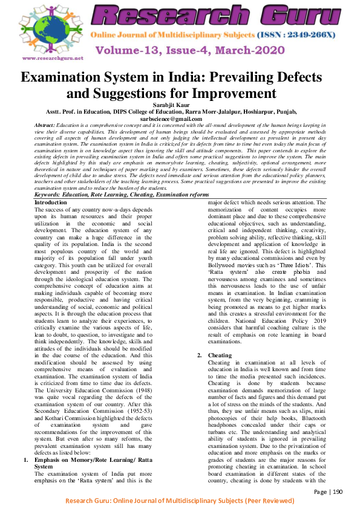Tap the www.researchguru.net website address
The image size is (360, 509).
pyautogui.click(x=53, y=59)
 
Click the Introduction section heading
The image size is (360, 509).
pyautogui.click(x=51, y=202)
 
